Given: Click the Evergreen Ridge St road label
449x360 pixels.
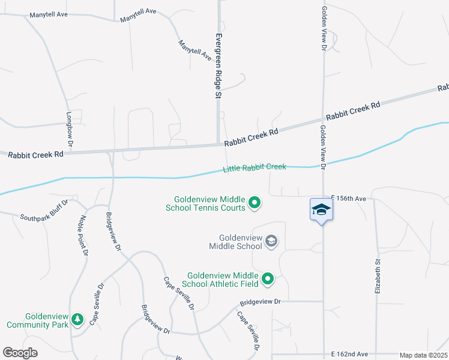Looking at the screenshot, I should (218, 65).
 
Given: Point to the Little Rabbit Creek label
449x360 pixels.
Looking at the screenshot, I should (255, 169).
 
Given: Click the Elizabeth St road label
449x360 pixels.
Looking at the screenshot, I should (378, 275).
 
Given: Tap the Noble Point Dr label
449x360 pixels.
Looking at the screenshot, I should (83, 236).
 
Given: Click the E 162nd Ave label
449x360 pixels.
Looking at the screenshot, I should (349, 355).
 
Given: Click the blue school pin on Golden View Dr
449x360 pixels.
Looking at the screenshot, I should (321, 210).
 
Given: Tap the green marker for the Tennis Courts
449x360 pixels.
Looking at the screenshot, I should (254, 203).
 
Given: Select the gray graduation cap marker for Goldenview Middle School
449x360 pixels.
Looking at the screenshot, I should (271, 241).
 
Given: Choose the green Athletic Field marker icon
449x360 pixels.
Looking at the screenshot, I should (268, 278).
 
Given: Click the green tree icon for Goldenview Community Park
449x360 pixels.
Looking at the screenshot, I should (77, 320).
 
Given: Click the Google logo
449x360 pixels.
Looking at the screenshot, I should (20, 353).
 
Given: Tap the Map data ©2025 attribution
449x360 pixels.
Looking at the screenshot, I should (423, 355).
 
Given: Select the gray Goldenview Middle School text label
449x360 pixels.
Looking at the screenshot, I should (236, 242).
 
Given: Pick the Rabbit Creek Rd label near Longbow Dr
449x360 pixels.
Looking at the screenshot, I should (36, 154).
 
